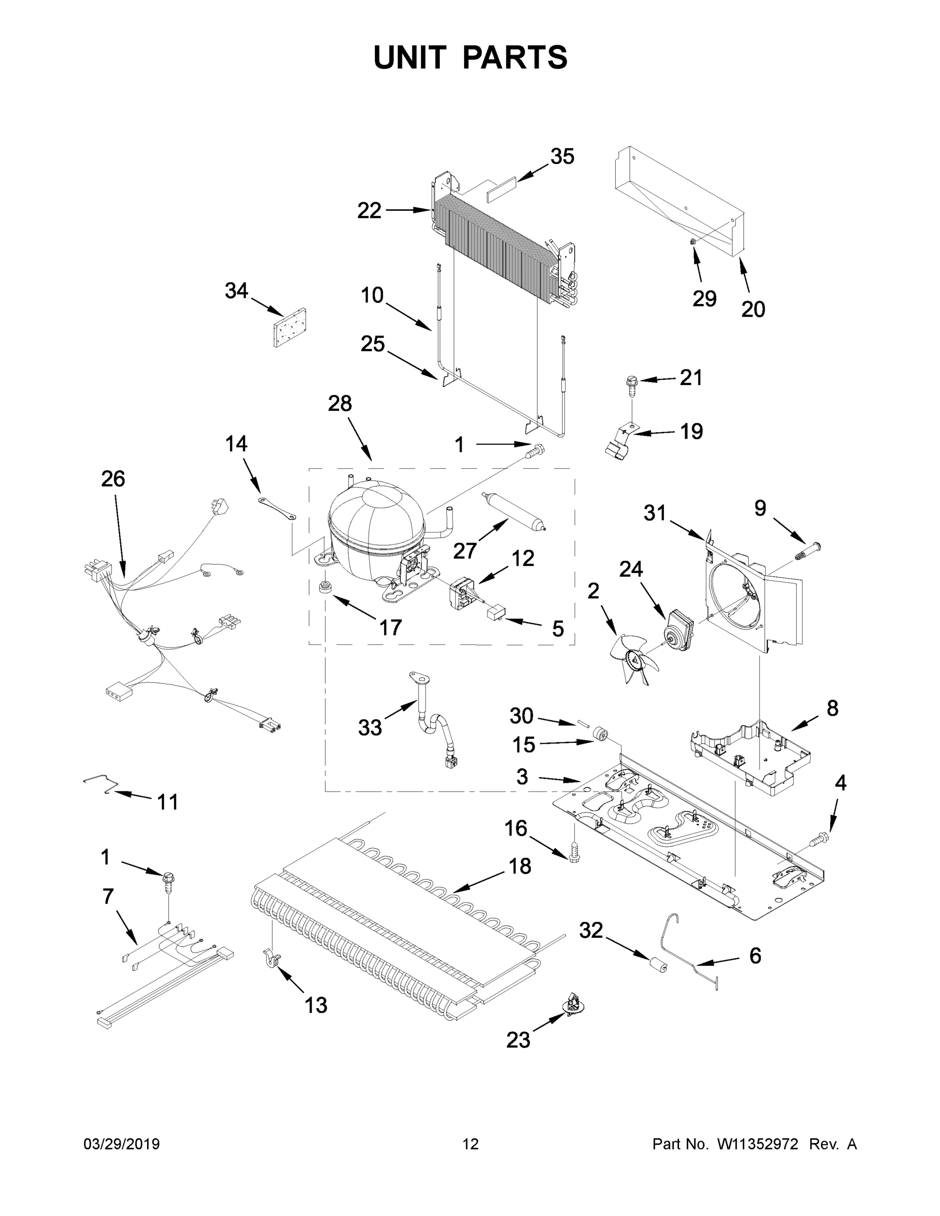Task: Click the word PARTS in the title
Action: [x=515, y=57]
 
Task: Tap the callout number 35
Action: [x=562, y=157]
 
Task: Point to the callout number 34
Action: [x=236, y=291]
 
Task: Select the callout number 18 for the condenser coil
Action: [x=519, y=866]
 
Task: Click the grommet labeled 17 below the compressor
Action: [x=323, y=587]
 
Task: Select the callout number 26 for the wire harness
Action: [x=113, y=479]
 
